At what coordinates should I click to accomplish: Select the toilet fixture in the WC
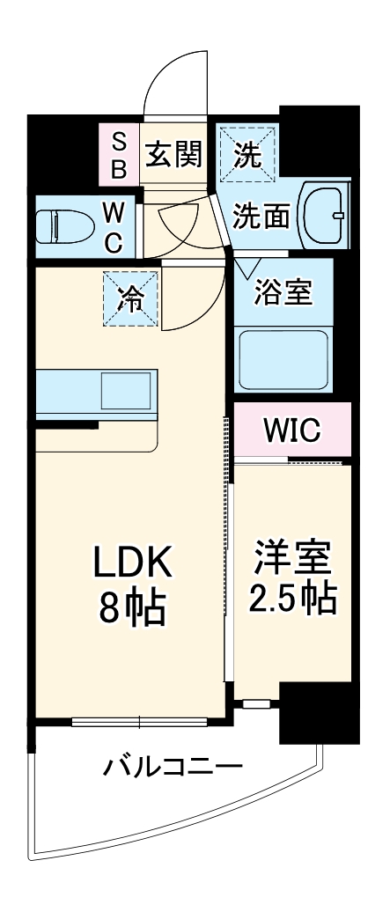coord(64,228)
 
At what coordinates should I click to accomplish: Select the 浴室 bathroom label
coord(282,292)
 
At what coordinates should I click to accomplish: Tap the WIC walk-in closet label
coord(292,430)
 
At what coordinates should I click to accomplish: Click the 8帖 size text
coord(132,607)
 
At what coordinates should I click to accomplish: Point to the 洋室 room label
coord(292,559)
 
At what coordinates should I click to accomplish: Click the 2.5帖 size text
coord(292,599)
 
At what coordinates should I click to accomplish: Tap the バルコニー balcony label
coord(173,766)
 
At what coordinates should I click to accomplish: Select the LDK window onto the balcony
coord(139,722)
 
